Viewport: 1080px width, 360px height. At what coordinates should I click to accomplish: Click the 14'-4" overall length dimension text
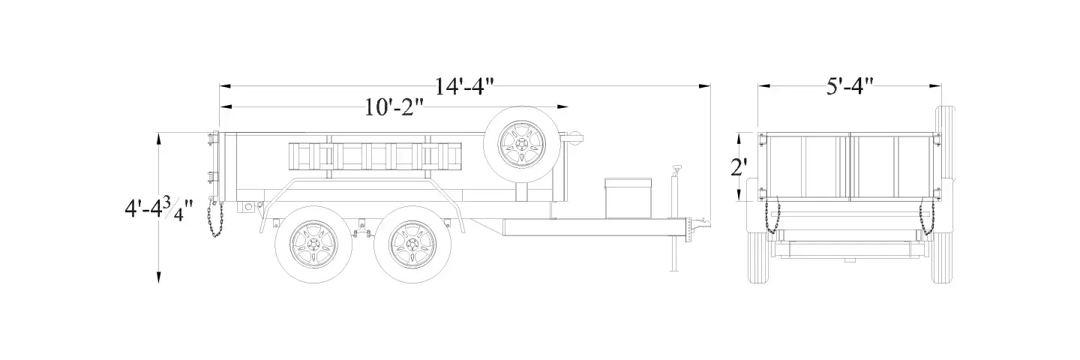click(x=465, y=87)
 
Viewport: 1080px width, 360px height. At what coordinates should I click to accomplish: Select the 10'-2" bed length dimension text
click(x=394, y=107)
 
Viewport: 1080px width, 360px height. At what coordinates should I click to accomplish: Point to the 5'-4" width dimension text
click(x=850, y=87)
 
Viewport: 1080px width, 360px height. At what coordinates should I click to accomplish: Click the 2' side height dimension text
click(x=739, y=168)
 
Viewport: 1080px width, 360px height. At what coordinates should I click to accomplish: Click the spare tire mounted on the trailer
click(x=522, y=144)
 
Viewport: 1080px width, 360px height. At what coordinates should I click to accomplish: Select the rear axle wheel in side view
click(x=313, y=244)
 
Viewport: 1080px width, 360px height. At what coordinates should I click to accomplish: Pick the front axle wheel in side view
click(x=412, y=244)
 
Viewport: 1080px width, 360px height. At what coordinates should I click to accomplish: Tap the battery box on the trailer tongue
click(x=628, y=198)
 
